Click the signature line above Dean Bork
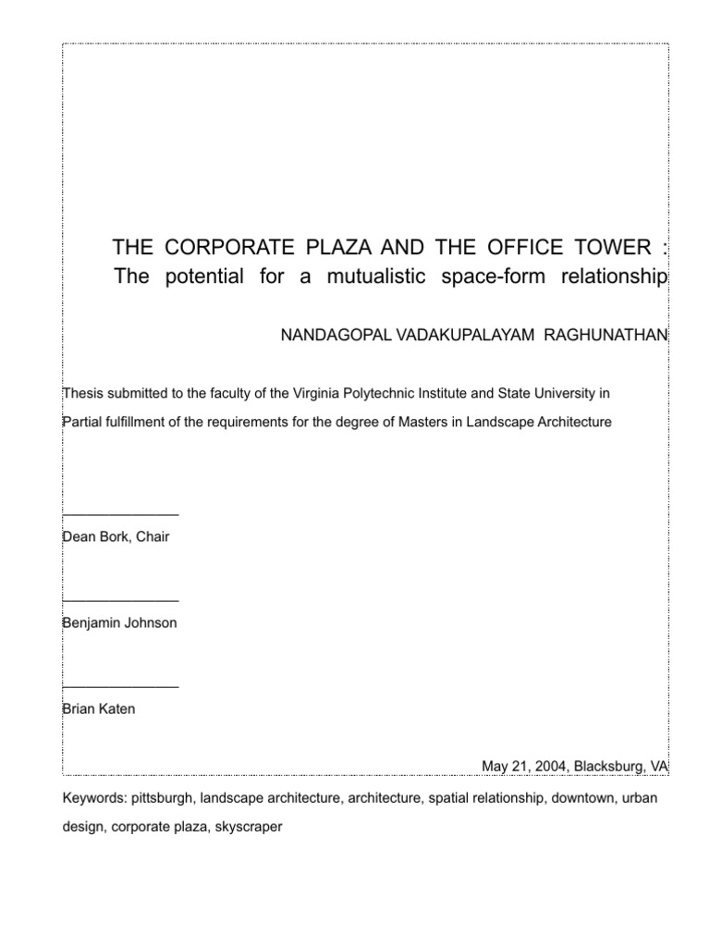[120, 514]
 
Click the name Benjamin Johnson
[118, 623]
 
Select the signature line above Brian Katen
[120, 687]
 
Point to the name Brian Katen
[98, 709]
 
